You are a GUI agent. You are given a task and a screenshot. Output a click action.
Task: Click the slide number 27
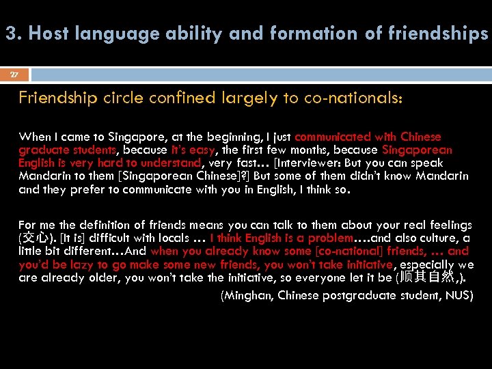pos(14,74)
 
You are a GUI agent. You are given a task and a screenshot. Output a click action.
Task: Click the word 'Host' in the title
pos(53,33)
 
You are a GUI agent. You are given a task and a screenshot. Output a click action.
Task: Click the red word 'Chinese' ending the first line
pos(421,137)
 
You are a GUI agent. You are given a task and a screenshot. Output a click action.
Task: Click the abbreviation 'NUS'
pos(458,295)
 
